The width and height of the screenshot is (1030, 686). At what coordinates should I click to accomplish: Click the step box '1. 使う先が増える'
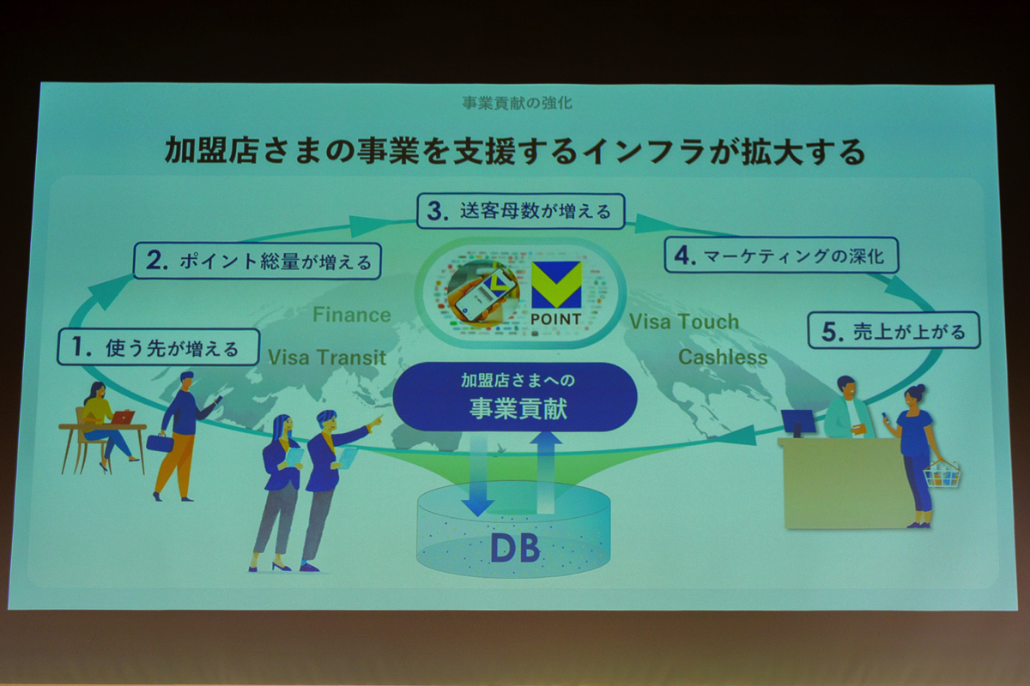(158, 347)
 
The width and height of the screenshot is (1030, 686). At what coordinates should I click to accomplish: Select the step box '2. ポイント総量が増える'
(257, 261)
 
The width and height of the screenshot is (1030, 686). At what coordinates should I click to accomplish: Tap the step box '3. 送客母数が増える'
(520, 211)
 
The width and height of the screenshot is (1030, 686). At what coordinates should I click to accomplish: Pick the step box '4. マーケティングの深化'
(781, 255)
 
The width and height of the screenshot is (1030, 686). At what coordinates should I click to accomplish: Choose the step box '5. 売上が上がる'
(894, 330)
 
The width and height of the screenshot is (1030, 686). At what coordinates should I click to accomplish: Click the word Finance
(352, 316)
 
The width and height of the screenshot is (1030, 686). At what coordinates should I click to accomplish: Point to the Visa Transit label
(327, 358)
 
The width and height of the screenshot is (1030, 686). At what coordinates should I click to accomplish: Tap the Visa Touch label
(684, 322)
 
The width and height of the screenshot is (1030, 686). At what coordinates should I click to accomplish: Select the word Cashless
(723, 358)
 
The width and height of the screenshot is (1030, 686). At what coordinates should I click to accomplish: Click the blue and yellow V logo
(556, 285)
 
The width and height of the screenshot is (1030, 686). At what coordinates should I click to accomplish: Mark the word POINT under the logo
(556, 319)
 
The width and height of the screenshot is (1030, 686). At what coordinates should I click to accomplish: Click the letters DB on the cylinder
(515, 549)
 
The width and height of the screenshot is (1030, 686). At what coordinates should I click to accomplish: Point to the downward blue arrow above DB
(478, 475)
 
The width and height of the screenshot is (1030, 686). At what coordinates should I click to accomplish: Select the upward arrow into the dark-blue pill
(545, 472)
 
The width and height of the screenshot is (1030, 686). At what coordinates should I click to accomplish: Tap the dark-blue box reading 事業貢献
(515, 397)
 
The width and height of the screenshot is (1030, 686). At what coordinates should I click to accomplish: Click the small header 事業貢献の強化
(518, 103)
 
